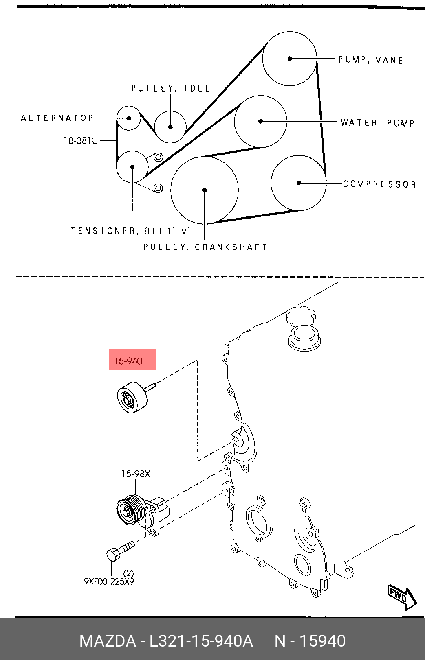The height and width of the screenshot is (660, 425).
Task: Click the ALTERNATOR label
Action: [x=57, y=118]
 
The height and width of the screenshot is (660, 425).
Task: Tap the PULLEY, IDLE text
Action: [x=171, y=88]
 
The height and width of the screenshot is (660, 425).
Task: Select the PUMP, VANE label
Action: [x=371, y=60]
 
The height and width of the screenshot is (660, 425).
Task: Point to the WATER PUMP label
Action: [x=377, y=122]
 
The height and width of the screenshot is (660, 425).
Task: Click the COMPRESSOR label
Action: [x=379, y=184]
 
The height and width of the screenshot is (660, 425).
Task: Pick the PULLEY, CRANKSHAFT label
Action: [x=205, y=247]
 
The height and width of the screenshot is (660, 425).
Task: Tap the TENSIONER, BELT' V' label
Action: [x=130, y=231]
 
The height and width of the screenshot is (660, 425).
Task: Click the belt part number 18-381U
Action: [x=81, y=141]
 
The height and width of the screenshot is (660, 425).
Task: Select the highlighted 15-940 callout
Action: [x=128, y=361]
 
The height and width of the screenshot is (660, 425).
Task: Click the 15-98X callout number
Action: [x=136, y=474]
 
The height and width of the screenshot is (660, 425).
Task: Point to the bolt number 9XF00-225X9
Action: [x=109, y=581]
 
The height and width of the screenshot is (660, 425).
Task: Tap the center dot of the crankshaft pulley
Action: [x=204, y=190]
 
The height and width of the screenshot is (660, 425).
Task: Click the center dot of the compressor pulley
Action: [x=299, y=183]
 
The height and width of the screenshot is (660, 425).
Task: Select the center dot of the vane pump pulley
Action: [x=290, y=59]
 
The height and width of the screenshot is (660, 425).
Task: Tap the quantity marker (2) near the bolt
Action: [x=128, y=573]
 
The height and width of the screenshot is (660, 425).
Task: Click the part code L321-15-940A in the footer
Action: [x=201, y=641]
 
